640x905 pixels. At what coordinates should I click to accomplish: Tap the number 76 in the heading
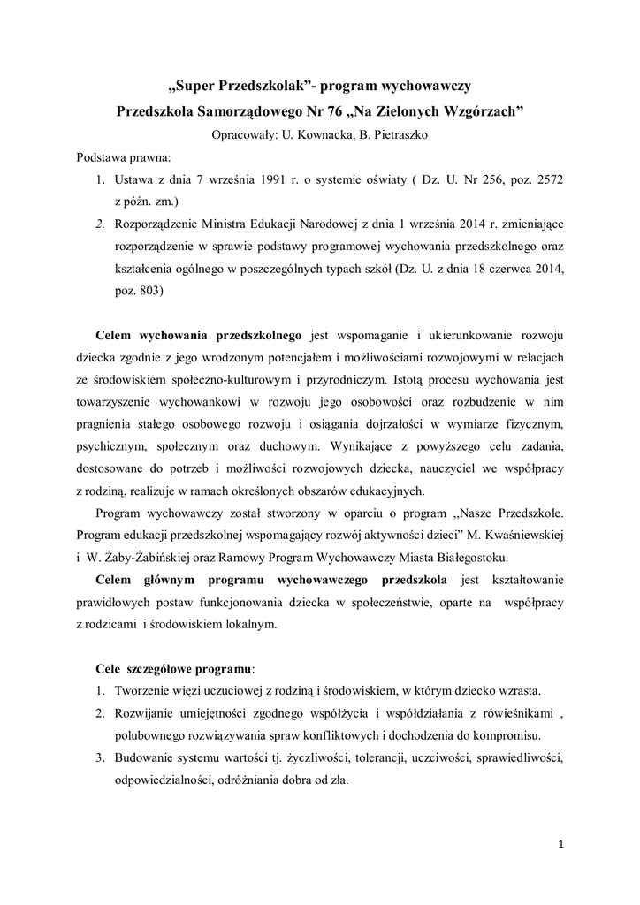332,112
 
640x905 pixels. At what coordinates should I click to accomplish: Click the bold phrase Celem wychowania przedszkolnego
199,336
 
